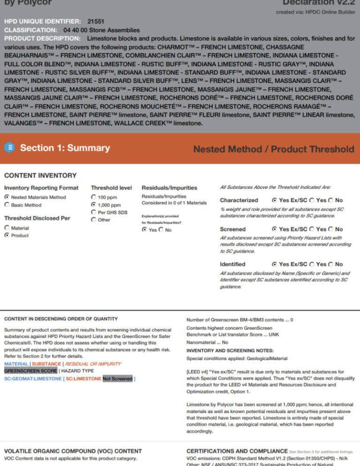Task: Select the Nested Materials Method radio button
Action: click(x=7, y=197)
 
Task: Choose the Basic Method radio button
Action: click(x=7, y=205)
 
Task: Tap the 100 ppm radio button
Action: click(x=94, y=197)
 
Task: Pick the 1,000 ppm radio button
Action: click(x=94, y=205)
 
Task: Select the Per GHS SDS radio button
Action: click(x=94, y=212)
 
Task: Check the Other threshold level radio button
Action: click(x=94, y=220)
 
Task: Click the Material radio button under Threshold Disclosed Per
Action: click(x=7, y=228)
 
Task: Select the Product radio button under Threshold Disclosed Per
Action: click(x=7, y=235)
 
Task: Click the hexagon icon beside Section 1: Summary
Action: click(x=10, y=148)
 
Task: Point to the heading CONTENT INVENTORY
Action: click(x=40, y=176)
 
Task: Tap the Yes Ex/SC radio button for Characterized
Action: click(x=274, y=200)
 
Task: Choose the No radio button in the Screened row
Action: click(x=331, y=229)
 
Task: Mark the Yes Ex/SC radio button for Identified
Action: click(x=274, y=264)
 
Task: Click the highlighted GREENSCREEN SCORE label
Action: click(x=30, y=371)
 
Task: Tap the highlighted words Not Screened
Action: click(x=117, y=378)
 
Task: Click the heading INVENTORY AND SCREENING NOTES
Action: click(x=230, y=351)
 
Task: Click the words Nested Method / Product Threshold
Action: click(x=274, y=150)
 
